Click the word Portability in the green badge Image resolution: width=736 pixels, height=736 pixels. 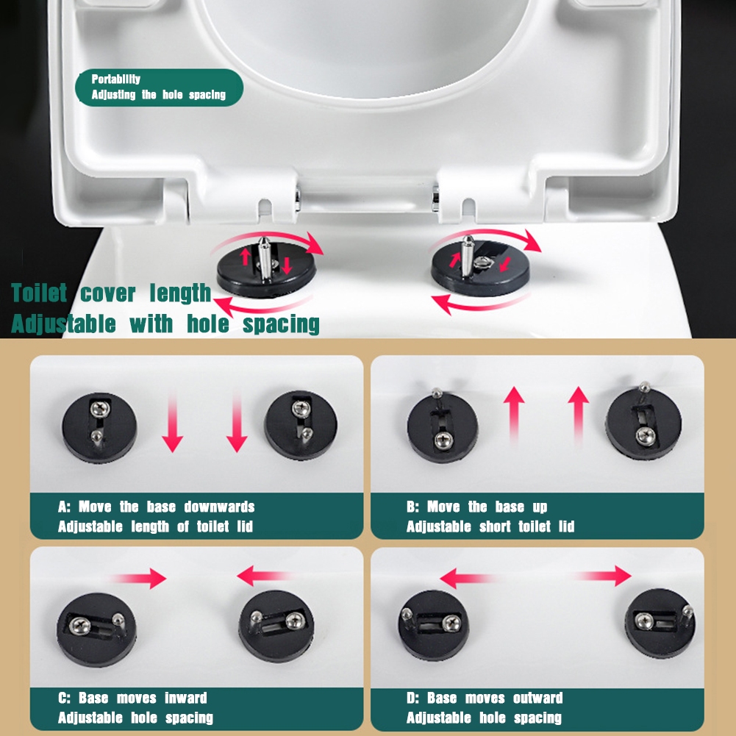pos(116,79)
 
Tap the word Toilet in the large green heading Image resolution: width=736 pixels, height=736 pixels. pos(40,293)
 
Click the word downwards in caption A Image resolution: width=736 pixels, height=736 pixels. pos(219,507)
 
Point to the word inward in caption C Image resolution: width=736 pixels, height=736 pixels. pos(186,698)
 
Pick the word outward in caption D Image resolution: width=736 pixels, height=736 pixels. pos(538,698)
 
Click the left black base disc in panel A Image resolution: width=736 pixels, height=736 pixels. pos(99,428)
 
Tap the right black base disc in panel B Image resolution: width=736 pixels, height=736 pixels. pos(643,424)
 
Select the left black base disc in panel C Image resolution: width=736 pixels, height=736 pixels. pos(97,629)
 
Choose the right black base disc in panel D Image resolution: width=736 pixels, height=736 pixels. pos(660,623)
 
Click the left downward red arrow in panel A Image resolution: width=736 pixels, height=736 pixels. pos(172,423)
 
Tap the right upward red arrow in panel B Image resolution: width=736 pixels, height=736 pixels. pos(578,415)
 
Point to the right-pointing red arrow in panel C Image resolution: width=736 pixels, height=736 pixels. pos(140,578)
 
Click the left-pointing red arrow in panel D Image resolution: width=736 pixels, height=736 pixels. pos(468,578)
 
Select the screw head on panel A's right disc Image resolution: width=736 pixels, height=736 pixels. pos(301,408)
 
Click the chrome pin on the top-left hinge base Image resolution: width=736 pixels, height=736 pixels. pos(265,258)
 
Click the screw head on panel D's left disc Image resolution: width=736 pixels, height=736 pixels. pos(452,623)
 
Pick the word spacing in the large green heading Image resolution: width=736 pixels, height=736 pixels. pos(281,325)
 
